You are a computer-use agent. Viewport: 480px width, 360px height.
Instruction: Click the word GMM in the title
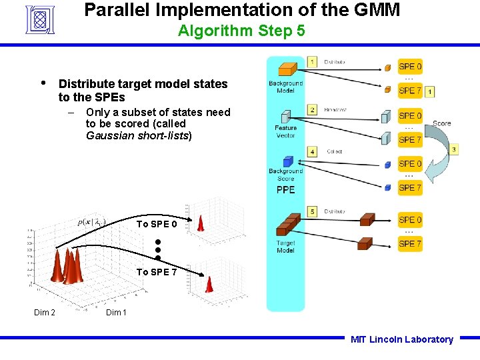click(x=376, y=10)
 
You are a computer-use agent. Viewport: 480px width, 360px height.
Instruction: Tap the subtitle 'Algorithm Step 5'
click(x=241, y=31)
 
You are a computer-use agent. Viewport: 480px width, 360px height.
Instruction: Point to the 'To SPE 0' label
click(x=157, y=224)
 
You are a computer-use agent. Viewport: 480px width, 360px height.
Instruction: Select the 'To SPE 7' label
click(x=157, y=272)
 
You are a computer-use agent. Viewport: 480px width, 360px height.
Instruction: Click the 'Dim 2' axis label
click(x=45, y=313)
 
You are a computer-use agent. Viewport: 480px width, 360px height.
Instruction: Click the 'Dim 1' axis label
click(x=116, y=313)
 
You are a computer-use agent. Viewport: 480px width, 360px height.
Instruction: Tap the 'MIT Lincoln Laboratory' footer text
click(x=401, y=339)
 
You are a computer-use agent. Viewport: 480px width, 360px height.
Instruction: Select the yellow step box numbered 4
click(x=312, y=152)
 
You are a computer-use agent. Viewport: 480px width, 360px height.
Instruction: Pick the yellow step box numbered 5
click(x=312, y=212)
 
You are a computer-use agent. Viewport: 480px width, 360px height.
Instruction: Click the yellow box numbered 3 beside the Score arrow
click(x=453, y=149)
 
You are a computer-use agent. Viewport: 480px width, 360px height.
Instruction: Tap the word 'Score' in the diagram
click(x=441, y=123)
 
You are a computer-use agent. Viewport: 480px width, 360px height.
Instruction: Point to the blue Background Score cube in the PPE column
click(x=288, y=161)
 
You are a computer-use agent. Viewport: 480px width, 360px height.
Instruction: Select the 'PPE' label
click(x=285, y=190)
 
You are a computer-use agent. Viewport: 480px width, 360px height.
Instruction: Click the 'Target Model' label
click(x=285, y=247)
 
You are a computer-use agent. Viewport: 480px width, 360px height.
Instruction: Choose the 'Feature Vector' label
click(x=285, y=131)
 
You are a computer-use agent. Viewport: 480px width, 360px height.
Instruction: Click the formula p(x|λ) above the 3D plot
click(x=91, y=222)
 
